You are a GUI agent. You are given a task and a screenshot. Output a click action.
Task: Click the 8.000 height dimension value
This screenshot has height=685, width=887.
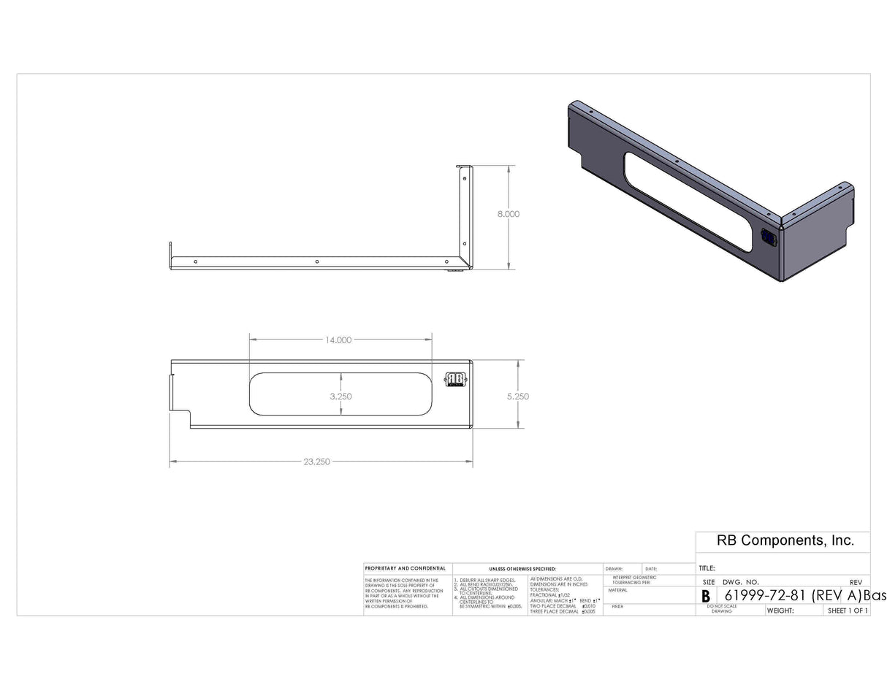(x=508, y=214)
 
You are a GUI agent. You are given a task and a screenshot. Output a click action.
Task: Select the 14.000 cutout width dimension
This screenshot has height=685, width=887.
(x=338, y=340)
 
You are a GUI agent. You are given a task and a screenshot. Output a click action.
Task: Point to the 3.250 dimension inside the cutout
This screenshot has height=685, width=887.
(x=340, y=397)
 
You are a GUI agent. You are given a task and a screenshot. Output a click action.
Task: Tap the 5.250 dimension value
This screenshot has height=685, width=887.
(x=517, y=397)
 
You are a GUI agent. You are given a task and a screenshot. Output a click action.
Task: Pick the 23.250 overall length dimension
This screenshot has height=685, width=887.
(x=316, y=462)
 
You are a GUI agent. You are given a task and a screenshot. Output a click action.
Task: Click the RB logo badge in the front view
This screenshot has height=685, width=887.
(x=455, y=380)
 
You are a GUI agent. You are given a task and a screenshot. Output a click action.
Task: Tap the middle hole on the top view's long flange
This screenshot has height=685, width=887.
(x=316, y=261)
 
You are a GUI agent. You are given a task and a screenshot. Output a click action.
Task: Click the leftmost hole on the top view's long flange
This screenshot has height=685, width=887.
(x=195, y=261)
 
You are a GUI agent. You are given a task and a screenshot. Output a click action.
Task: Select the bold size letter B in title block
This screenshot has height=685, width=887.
(x=706, y=596)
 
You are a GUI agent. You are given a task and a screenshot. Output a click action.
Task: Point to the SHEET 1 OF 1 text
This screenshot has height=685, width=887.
(x=848, y=611)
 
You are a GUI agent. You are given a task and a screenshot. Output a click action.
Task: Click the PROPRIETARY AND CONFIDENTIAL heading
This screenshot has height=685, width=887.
(x=405, y=568)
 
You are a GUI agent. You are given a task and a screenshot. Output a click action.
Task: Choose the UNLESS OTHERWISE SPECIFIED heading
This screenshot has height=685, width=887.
(x=522, y=568)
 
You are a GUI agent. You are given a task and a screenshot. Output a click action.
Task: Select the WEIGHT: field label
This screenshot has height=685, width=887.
(x=780, y=611)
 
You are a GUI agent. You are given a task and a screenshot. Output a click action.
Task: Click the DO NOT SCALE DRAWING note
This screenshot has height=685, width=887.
(x=721, y=608)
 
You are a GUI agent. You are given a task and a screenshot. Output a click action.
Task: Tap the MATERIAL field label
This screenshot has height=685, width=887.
(x=617, y=590)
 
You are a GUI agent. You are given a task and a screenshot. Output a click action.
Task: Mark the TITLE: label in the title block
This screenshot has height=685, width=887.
(x=707, y=568)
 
